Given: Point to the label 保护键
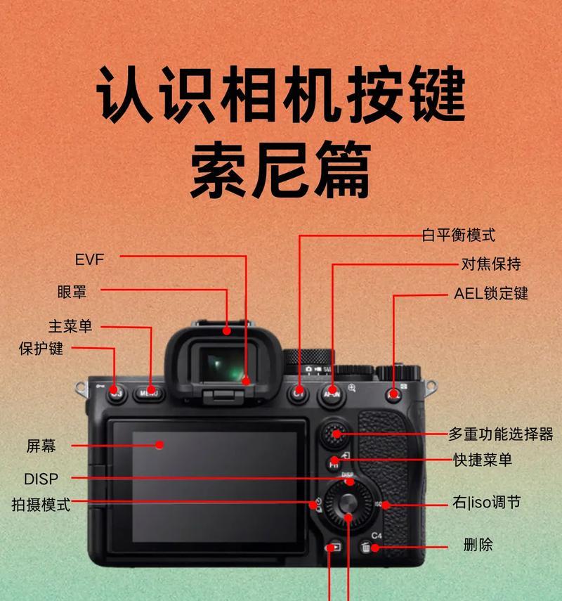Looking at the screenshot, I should [x=41, y=348].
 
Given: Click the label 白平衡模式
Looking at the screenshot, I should [x=458, y=235].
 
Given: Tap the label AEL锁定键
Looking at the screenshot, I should [x=490, y=293].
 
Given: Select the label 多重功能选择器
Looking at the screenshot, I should [x=500, y=433].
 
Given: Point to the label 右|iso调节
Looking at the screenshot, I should [x=487, y=503].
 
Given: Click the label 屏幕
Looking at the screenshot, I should [x=41, y=445].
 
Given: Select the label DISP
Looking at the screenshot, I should [x=41, y=479].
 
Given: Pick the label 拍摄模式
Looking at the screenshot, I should [x=41, y=504].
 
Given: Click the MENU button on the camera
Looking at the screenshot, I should [x=148, y=394].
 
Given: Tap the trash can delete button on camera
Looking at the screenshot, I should [x=366, y=548].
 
